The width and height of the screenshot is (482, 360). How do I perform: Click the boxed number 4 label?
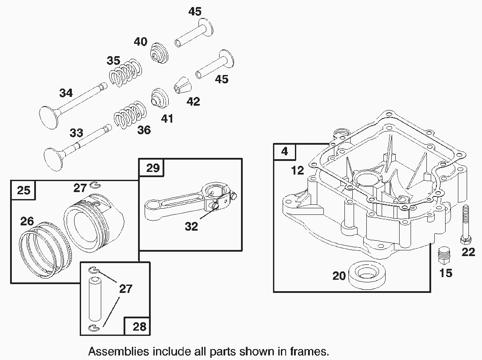point(285,152)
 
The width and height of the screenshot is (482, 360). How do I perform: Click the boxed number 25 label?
point(23,190)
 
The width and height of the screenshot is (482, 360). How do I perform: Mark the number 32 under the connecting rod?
point(191,227)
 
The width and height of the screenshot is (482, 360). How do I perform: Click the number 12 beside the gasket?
point(298,170)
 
